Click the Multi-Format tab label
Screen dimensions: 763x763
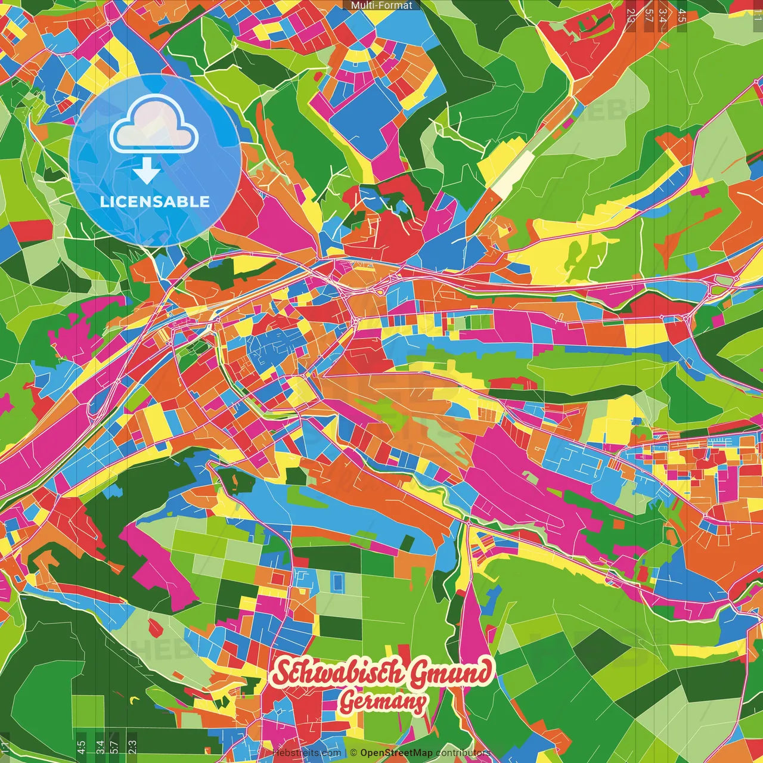381,5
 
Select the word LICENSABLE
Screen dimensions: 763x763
155,201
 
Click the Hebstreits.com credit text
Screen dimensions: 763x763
306,753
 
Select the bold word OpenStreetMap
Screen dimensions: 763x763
396,753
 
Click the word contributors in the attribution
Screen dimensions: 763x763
463,753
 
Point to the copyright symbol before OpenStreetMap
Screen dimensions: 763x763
353,753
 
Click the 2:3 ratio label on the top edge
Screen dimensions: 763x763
631,14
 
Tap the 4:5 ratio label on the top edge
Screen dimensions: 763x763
682,14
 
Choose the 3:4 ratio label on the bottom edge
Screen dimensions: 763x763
100,748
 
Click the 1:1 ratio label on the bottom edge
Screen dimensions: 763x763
5,748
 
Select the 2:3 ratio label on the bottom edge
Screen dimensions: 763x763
132,748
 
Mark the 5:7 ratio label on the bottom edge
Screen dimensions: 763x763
114,748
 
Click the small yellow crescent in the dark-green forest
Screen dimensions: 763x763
134,698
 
